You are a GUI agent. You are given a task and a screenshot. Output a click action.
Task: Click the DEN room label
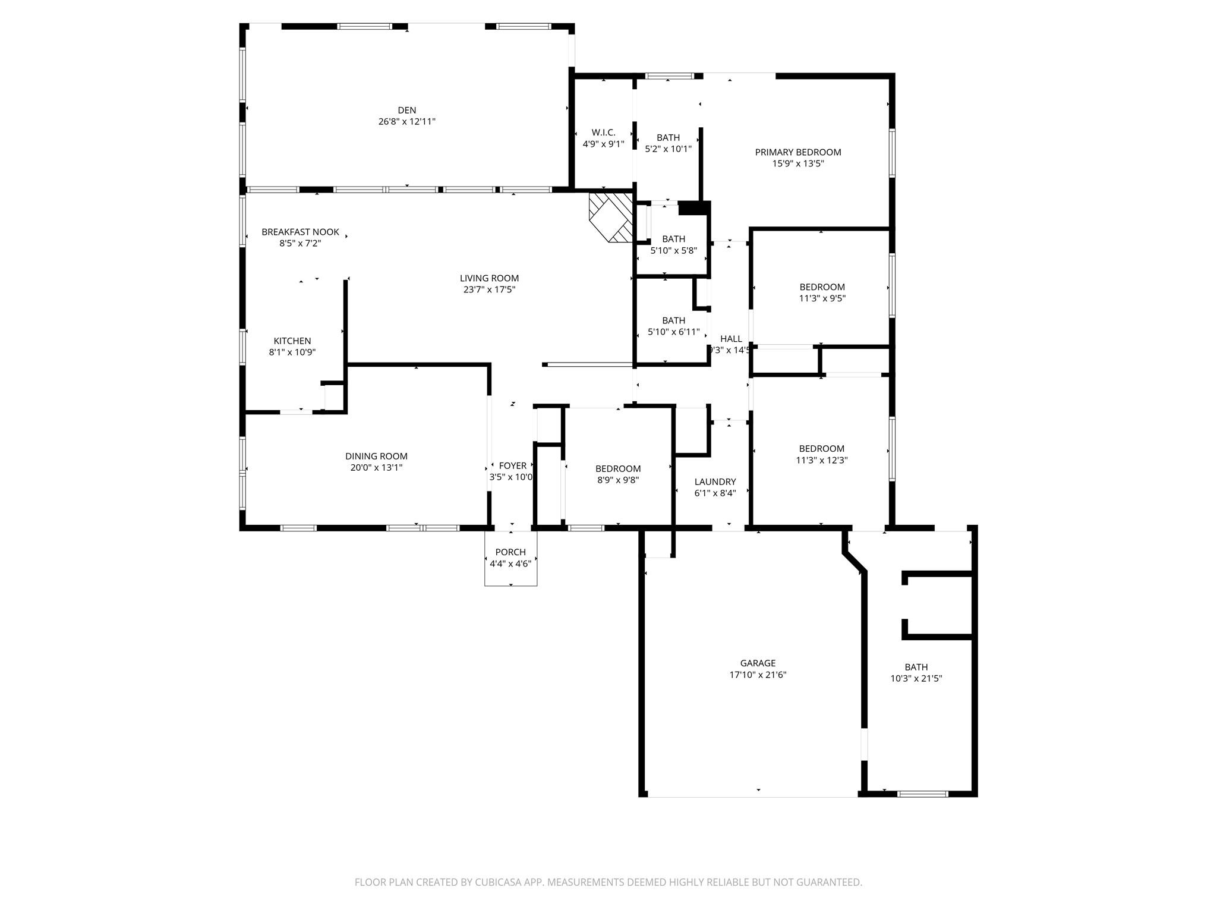(x=406, y=110)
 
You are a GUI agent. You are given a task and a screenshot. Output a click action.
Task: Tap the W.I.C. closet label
(x=603, y=133)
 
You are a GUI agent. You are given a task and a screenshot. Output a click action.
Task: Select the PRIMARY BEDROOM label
(x=797, y=152)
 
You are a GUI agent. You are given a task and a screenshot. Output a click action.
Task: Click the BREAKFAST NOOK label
(x=300, y=232)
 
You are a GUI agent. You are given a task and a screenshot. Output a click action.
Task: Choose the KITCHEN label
(x=292, y=341)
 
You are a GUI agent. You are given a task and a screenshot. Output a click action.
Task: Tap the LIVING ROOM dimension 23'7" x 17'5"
(x=489, y=289)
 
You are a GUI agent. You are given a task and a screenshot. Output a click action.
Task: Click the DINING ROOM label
(x=376, y=456)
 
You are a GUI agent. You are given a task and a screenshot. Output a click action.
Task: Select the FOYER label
(x=512, y=465)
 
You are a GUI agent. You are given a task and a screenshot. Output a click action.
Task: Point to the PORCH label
(x=510, y=552)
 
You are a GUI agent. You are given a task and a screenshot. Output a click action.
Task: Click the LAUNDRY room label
(x=715, y=481)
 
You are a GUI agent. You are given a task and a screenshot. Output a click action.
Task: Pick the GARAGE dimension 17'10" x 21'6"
(x=758, y=675)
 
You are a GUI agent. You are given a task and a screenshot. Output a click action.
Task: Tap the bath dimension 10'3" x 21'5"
(x=916, y=678)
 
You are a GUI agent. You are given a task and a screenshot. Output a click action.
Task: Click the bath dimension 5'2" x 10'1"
(x=668, y=149)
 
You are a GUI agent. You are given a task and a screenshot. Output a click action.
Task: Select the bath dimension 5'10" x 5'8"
(x=673, y=250)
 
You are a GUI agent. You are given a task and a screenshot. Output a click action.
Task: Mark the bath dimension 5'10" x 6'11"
(x=673, y=332)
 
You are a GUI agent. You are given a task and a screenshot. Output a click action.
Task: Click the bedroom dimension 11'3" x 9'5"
(x=822, y=298)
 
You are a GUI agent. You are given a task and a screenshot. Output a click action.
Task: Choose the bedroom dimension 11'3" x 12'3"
(x=822, y=459)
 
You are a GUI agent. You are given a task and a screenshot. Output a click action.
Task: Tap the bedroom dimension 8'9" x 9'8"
(x=618, y=480)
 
